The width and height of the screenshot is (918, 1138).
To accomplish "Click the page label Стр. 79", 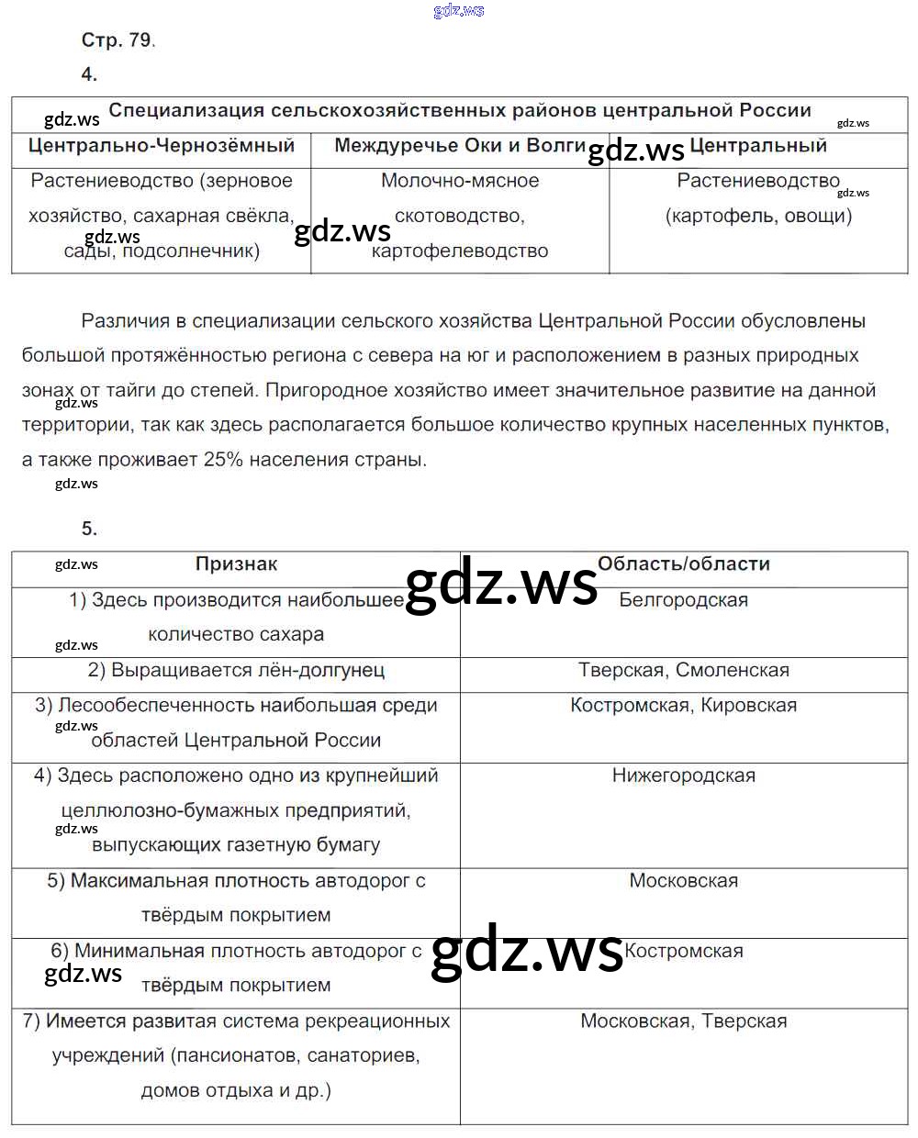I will tap(118, 39).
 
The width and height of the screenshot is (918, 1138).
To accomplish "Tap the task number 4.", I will tap(89, 74).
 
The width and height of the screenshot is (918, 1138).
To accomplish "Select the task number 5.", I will tap(89, 529).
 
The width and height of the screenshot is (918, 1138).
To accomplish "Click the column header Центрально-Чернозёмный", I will tap(162, 146).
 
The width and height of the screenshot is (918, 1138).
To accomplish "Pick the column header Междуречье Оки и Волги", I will tap(460, 146).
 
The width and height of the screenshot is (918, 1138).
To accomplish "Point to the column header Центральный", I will tap(758, 146).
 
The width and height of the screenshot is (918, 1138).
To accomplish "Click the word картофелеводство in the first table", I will tap(460, 251).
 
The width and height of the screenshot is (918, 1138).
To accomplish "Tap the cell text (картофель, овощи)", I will tap(758, 216).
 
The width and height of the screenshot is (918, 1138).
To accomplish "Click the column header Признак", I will tap(236, 564).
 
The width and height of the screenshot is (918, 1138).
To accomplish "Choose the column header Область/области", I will tap(684, 564).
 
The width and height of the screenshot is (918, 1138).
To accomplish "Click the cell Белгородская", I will tap(684, 600).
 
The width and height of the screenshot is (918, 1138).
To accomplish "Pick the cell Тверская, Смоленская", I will tap(684, 670).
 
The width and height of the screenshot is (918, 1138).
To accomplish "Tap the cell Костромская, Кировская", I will tap(684, 705).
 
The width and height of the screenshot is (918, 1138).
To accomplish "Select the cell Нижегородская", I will tap(684, 775).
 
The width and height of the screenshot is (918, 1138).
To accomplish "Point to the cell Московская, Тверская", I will tap(684, 1021).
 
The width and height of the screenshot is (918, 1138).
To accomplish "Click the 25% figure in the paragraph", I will tap(223, 460).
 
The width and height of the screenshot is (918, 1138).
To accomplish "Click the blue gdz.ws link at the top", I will tap(458, 10).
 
